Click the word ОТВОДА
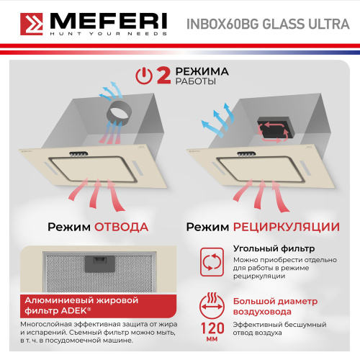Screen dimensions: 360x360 click(x=121, y=227)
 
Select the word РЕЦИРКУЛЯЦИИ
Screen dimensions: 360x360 click(x=286, y=227)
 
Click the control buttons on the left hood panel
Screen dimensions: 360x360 click(x=80, y=153)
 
